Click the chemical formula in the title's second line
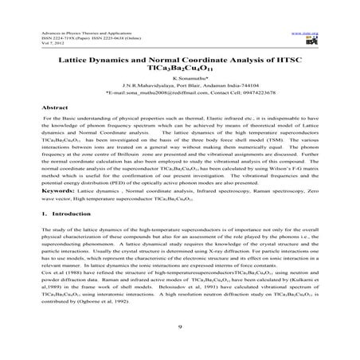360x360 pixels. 179,70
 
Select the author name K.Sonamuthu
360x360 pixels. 180,81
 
